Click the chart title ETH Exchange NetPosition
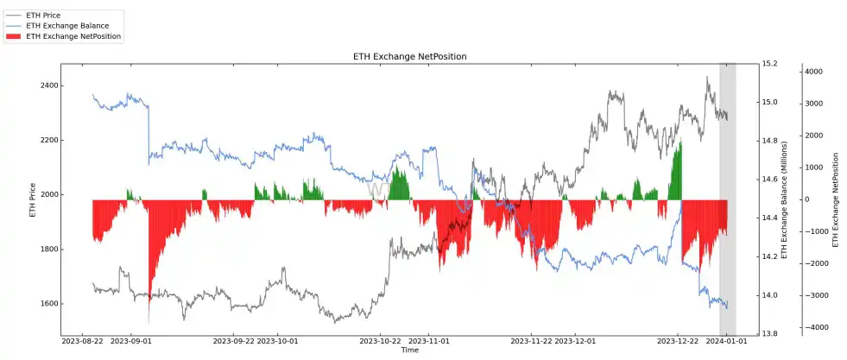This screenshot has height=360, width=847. pyautogui.click(x=410, y=57)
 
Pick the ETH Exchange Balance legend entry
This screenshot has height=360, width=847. pyautogui.click(x=66, y=27)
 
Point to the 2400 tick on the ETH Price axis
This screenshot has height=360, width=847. pyautogui.click(x=47, y=85)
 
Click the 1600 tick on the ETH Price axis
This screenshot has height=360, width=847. pyautogui.click(x=47, y=304)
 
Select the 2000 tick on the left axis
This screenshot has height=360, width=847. pyautogui.click(x=47, y=195)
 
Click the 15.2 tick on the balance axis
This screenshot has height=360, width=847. pyautogui.click(x=770, y=64)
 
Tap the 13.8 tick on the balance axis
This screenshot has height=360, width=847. pyautogui.click(x=770, y=334)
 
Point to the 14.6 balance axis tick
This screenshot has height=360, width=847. pyautogui.click(x=770, y=180)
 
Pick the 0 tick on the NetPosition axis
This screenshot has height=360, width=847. pyautogui.click(x=809, y=199)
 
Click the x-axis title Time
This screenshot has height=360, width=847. pyautogui.click(x=410, y=351)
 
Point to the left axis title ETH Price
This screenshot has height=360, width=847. pyautogui.click(x=33, y=199)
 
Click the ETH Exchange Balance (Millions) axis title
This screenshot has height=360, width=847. pyautogui.click(x=785, y=199)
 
